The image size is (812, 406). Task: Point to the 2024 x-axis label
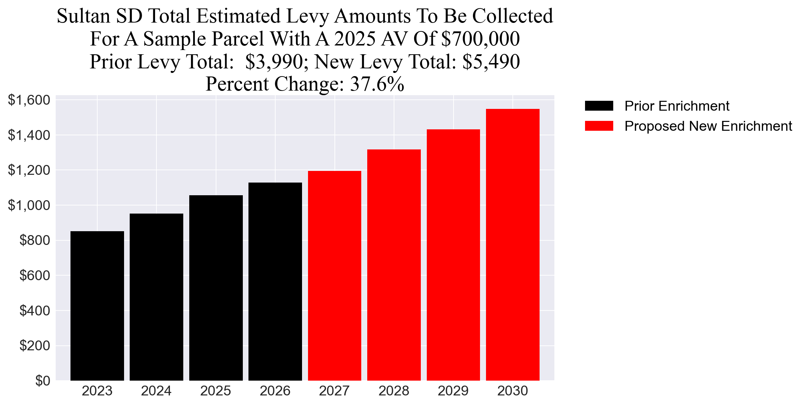[156, 391]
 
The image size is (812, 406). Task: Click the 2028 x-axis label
[394, 391]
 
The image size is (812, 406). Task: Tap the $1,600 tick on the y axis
[29, 100]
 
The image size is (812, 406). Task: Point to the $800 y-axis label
[35, 240]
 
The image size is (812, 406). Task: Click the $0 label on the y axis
[42, 381]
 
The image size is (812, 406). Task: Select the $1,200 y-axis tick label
[29, 170]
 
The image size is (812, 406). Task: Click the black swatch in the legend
[599, 106]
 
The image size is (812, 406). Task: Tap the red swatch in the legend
[599, 126]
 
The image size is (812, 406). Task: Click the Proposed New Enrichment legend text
[708, 126]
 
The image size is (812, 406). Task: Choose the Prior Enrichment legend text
[677, 106]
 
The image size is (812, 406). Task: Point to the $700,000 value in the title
[480, 39]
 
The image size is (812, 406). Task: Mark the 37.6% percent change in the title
[377, 84]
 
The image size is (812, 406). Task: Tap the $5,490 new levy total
[491, 62]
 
